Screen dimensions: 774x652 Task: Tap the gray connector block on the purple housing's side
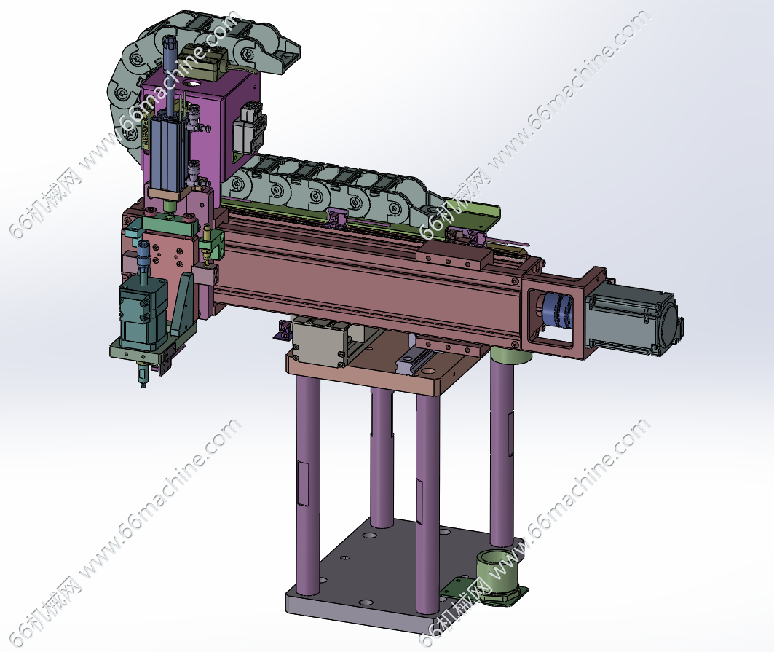(x=251, y=130)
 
